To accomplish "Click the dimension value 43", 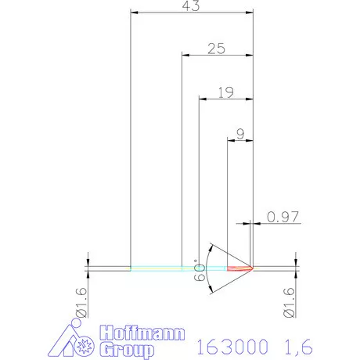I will tap(191, 6).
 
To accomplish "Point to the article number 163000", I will tap(232, 345).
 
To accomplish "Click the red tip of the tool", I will tap(243, 268).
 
